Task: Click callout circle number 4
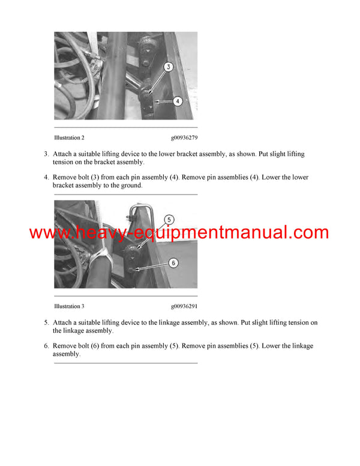click(177, 101)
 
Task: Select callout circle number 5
click(169, 219)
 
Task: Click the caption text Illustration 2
click(69, 138)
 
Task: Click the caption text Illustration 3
click(69, 306)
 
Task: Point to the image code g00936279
click(184, 138)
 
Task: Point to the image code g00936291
click(184, 306)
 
